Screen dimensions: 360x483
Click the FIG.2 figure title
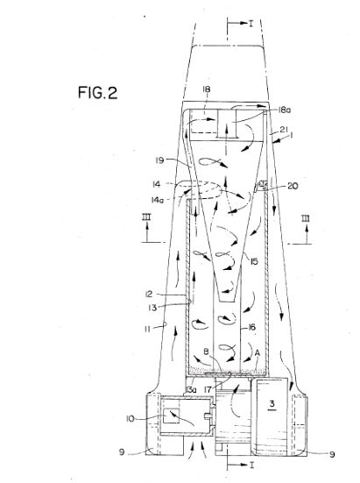point(97,92)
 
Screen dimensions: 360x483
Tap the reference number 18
point(207,89)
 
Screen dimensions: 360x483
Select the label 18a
point(285,110)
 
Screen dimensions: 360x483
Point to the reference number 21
point(284,130)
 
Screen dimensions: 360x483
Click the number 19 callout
point(160,160)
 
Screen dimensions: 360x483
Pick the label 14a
point(157,200)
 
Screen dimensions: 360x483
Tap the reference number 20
point(293,186)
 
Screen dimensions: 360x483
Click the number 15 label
point(254,261)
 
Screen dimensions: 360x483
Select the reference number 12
point(149,295)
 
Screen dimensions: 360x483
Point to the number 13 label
point(152,308)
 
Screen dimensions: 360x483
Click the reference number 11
point(147,330)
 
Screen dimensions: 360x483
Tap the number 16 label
point(252,327)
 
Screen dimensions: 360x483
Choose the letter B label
point(207,352)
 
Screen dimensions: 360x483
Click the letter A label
point(258,353)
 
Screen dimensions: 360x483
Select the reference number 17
point(208,390)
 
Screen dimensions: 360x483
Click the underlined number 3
point(272,404)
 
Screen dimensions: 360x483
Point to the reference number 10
point(131,419)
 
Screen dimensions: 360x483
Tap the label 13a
point(191,390)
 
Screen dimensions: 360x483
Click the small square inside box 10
point(172,416)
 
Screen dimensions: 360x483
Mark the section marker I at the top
point(251,24)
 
